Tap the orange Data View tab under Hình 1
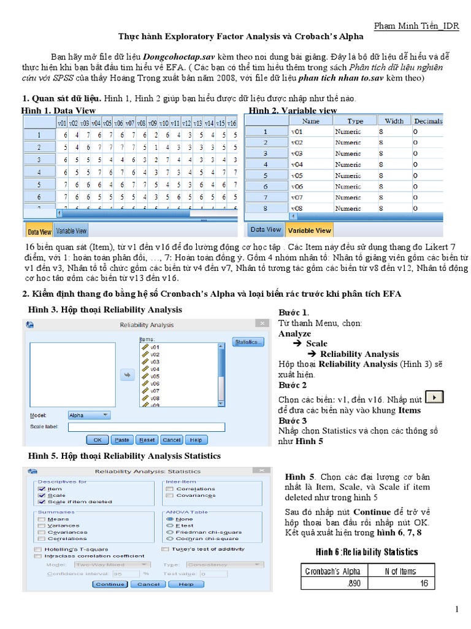click(x=39, y=232)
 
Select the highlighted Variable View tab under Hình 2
click(x=310, y=230)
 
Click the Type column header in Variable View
click(x=355, y=121)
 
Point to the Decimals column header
click(x=427, y=121)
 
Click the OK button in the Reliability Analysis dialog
click(x=97, y=440)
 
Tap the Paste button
click(x=122, y=440)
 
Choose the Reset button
click(x=147, y=440)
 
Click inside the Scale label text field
click(x=146, y=427)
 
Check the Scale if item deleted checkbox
click(x=42, y=502)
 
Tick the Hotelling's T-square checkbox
click(x=39, y=549)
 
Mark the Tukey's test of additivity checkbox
click(x=166, y=549)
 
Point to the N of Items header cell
click(x=400, y=571)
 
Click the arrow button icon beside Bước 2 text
click(x=434, y=397)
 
